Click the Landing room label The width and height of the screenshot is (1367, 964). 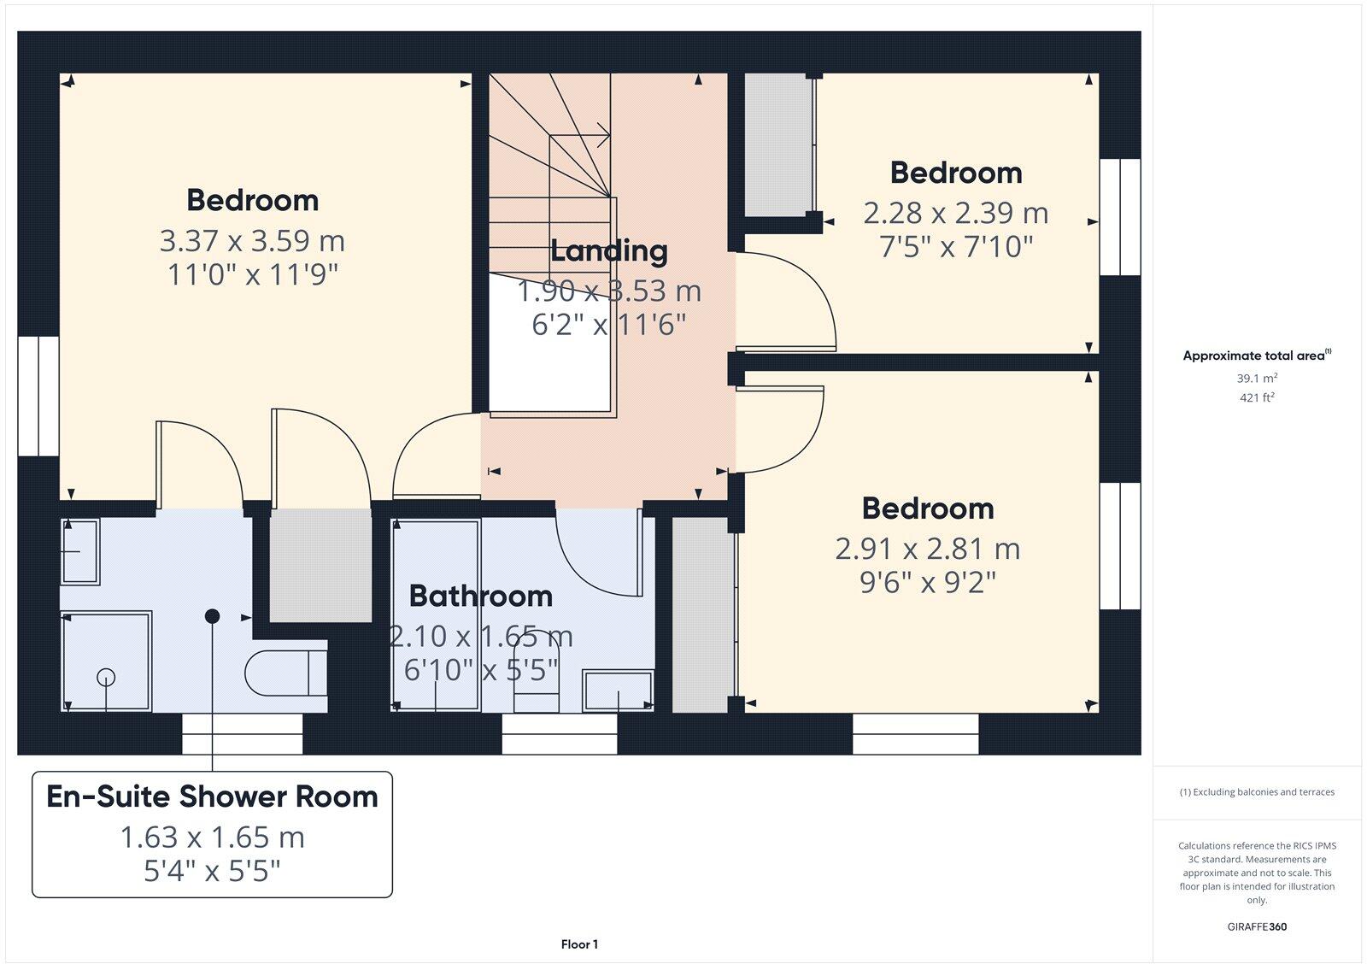(608, 251)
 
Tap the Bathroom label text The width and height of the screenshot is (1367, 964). (480, 596)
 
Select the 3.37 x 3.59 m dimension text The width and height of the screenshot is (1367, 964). (252, 241)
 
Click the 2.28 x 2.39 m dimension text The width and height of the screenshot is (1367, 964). (955, 213)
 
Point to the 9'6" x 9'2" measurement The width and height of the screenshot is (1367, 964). (928, 583)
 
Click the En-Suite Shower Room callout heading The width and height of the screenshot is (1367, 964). (212, 796)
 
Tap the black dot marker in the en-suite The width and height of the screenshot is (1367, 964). (213, 616)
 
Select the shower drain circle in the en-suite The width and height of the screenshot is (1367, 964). (106, 677)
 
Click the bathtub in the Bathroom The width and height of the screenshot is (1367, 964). (435, 615)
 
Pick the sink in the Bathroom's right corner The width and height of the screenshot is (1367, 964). (618, 690)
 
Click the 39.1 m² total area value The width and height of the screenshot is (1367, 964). (1257, 379)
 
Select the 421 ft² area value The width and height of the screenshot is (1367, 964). (1257, 397)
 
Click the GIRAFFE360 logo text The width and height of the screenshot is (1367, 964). (1257, 926)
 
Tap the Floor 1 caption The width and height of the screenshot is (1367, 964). (579, 944)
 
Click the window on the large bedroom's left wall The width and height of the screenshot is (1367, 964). (38, 396)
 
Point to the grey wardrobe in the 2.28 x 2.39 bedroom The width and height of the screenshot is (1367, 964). (777, 145)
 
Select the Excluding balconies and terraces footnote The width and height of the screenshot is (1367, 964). (1257, 792)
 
